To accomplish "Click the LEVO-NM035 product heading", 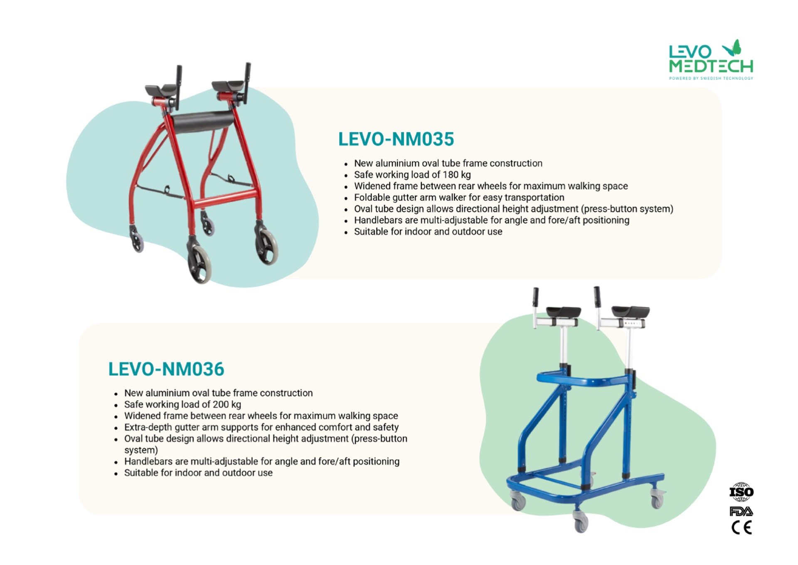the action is [x=396, y=139].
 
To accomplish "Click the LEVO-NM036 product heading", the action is [x=166, y=369].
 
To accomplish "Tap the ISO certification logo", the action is [x=741, y=492].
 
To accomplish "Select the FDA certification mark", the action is [x=741, y=511].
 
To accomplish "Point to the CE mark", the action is [x=742, y=528].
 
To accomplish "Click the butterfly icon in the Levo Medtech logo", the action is [x=732, y=48].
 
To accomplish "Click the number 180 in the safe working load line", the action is [x=451, y=175].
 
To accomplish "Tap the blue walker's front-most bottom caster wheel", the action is [x=581, y=522].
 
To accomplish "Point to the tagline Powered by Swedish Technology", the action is [x=711, y=78].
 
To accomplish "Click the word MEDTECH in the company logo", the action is [x=711, y=66].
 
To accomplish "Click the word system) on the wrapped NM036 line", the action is [x=141, y=450].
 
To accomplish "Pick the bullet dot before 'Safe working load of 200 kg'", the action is [x=116, y=405].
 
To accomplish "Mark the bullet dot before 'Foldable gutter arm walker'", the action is [x=346, y=198].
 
